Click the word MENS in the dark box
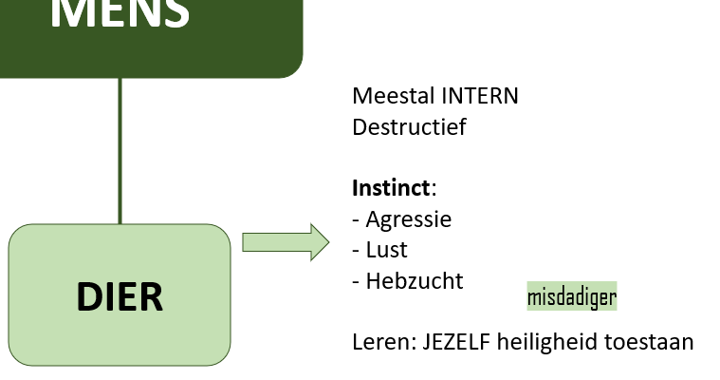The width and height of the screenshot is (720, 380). [120, 12]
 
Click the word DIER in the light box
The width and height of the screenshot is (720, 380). [120, 296]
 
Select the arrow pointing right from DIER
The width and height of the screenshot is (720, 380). [286, 242]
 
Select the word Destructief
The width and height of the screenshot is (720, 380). [409, 126]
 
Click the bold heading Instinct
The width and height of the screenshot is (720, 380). [391, 188]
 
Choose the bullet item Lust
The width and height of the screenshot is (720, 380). [386, 250]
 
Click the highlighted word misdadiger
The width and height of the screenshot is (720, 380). [572, 297]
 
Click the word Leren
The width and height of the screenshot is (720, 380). [378, 341]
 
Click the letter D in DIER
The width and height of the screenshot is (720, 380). [88, 296]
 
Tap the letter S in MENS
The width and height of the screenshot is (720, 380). [173, 12]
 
